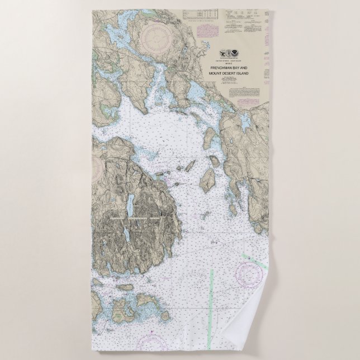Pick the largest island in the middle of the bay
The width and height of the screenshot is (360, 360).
209,178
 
